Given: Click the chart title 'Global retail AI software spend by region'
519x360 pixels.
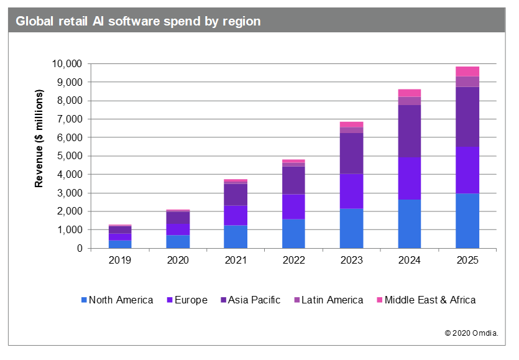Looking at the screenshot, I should point(138,21).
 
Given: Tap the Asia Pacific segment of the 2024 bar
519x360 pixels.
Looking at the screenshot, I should point(409,131).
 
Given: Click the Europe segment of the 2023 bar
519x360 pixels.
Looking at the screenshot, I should point(351,191).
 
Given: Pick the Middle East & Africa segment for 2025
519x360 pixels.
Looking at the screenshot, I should point(467,71).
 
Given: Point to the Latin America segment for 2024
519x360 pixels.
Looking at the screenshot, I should point(409,101).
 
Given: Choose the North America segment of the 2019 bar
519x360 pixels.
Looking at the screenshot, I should point(119,244).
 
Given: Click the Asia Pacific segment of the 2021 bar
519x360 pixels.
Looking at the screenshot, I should point(236,194).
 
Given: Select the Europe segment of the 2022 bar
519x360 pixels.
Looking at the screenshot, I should point(293,206).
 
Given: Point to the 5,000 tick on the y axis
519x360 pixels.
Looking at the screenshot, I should point(69,156).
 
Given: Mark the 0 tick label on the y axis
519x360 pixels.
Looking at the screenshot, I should point(79,249).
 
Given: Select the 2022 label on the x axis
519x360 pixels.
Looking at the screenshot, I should point(293,261).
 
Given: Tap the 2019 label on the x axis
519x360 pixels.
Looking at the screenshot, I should point(119,261).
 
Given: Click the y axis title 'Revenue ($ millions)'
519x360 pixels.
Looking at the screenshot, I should point(39,138).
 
